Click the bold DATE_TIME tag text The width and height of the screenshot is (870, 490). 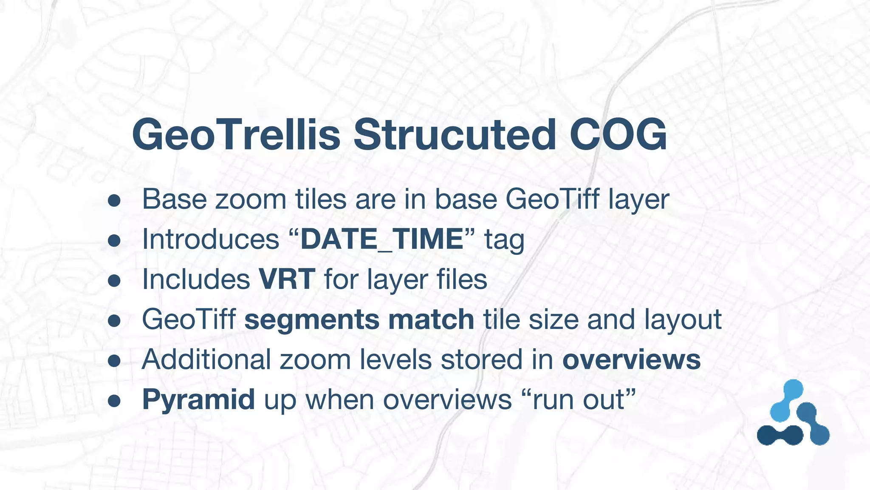coord(381,239)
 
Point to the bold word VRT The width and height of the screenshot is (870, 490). coord(287,279)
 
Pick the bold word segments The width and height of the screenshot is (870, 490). coord(312,320)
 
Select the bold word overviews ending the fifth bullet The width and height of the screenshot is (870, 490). coord(631,360)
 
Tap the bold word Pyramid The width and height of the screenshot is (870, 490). coord(198,400)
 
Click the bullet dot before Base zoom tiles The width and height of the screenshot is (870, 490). coord(114,201)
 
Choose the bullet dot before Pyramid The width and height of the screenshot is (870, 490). coord(114,401)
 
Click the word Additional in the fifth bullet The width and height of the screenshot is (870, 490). coord(206,360)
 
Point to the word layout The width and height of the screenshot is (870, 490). coord(683,320)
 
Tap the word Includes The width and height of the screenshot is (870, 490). coord(196,279)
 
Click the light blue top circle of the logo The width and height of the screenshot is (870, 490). coord(793,390)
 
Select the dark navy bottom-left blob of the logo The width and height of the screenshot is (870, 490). coord(780,435)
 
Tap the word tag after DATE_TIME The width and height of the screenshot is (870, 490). coord(504,240)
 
